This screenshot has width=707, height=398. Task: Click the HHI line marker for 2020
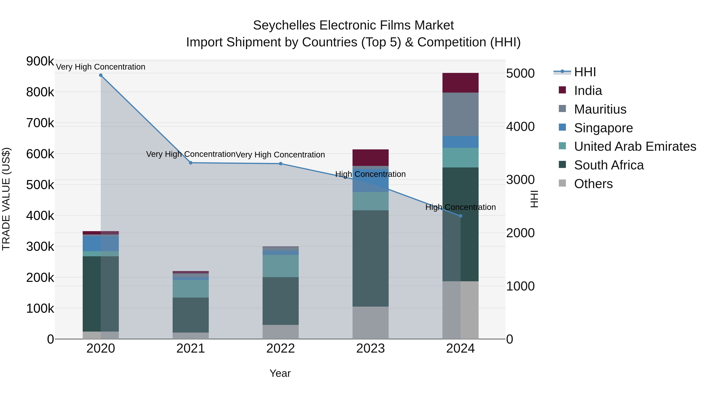[x=101, y=75]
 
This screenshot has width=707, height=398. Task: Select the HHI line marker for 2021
[x=191, y=163]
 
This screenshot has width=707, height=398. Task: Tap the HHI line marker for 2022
[x=280, y=164]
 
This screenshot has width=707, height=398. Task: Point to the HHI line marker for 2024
[x=461, y=216]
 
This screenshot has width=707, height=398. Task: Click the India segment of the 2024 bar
[x=461, y=83]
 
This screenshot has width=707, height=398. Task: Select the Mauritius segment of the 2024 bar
[x=461, y=114]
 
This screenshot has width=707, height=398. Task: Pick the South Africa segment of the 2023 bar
[x=371, y=258]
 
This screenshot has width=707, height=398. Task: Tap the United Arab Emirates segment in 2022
[x=280, y=266]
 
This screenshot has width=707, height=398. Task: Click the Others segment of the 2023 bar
[x=371, y=323]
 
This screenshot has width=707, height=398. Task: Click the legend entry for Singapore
[x=603, y=128]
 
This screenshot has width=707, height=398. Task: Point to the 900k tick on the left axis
[x=40, y=61]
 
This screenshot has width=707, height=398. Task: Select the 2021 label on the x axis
[x=191, y=348]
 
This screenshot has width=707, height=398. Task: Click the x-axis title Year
[x=280, y=373]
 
